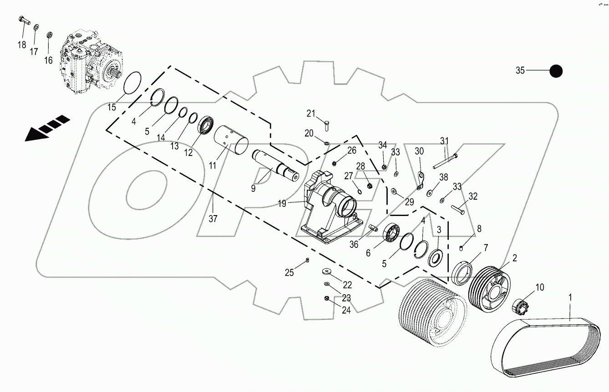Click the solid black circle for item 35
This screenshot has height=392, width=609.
tap(556, 71)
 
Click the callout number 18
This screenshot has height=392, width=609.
tap(22, 45)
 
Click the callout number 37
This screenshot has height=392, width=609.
tap(213, 218)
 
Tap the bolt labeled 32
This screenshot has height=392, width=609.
tap(457, 210)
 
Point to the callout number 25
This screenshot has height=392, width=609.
tap(289, 273)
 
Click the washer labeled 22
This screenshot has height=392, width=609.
tap(325, 271)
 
